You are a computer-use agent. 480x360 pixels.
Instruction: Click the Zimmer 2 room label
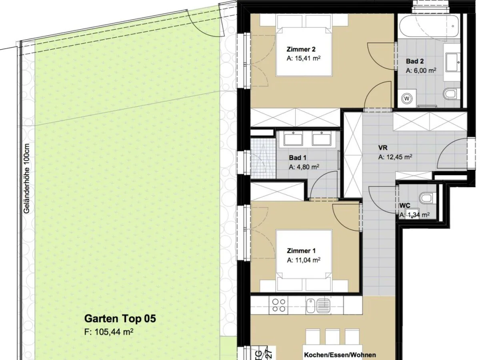click(301, 50)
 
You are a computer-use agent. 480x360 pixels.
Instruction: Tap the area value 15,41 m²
click(304, 58)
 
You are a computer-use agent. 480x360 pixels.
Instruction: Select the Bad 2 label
click(414, 62)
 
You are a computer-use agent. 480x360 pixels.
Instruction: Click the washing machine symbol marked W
click(407, 98)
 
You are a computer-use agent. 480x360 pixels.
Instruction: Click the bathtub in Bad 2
click(428, 26)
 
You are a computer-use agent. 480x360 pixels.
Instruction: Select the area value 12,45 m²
click(395, 157)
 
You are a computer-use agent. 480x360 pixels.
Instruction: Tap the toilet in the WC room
click(427, 198)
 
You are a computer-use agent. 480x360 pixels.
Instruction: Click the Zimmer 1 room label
click(301, 251)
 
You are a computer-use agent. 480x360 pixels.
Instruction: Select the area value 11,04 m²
click(304, 260)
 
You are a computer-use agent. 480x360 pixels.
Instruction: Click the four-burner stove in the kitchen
click(279, 306)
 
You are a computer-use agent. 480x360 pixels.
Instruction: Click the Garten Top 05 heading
click(120, 319)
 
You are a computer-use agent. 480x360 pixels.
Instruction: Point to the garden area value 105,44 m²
click(109, 332)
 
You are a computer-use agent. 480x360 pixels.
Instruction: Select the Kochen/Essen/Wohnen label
click(340, 355)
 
